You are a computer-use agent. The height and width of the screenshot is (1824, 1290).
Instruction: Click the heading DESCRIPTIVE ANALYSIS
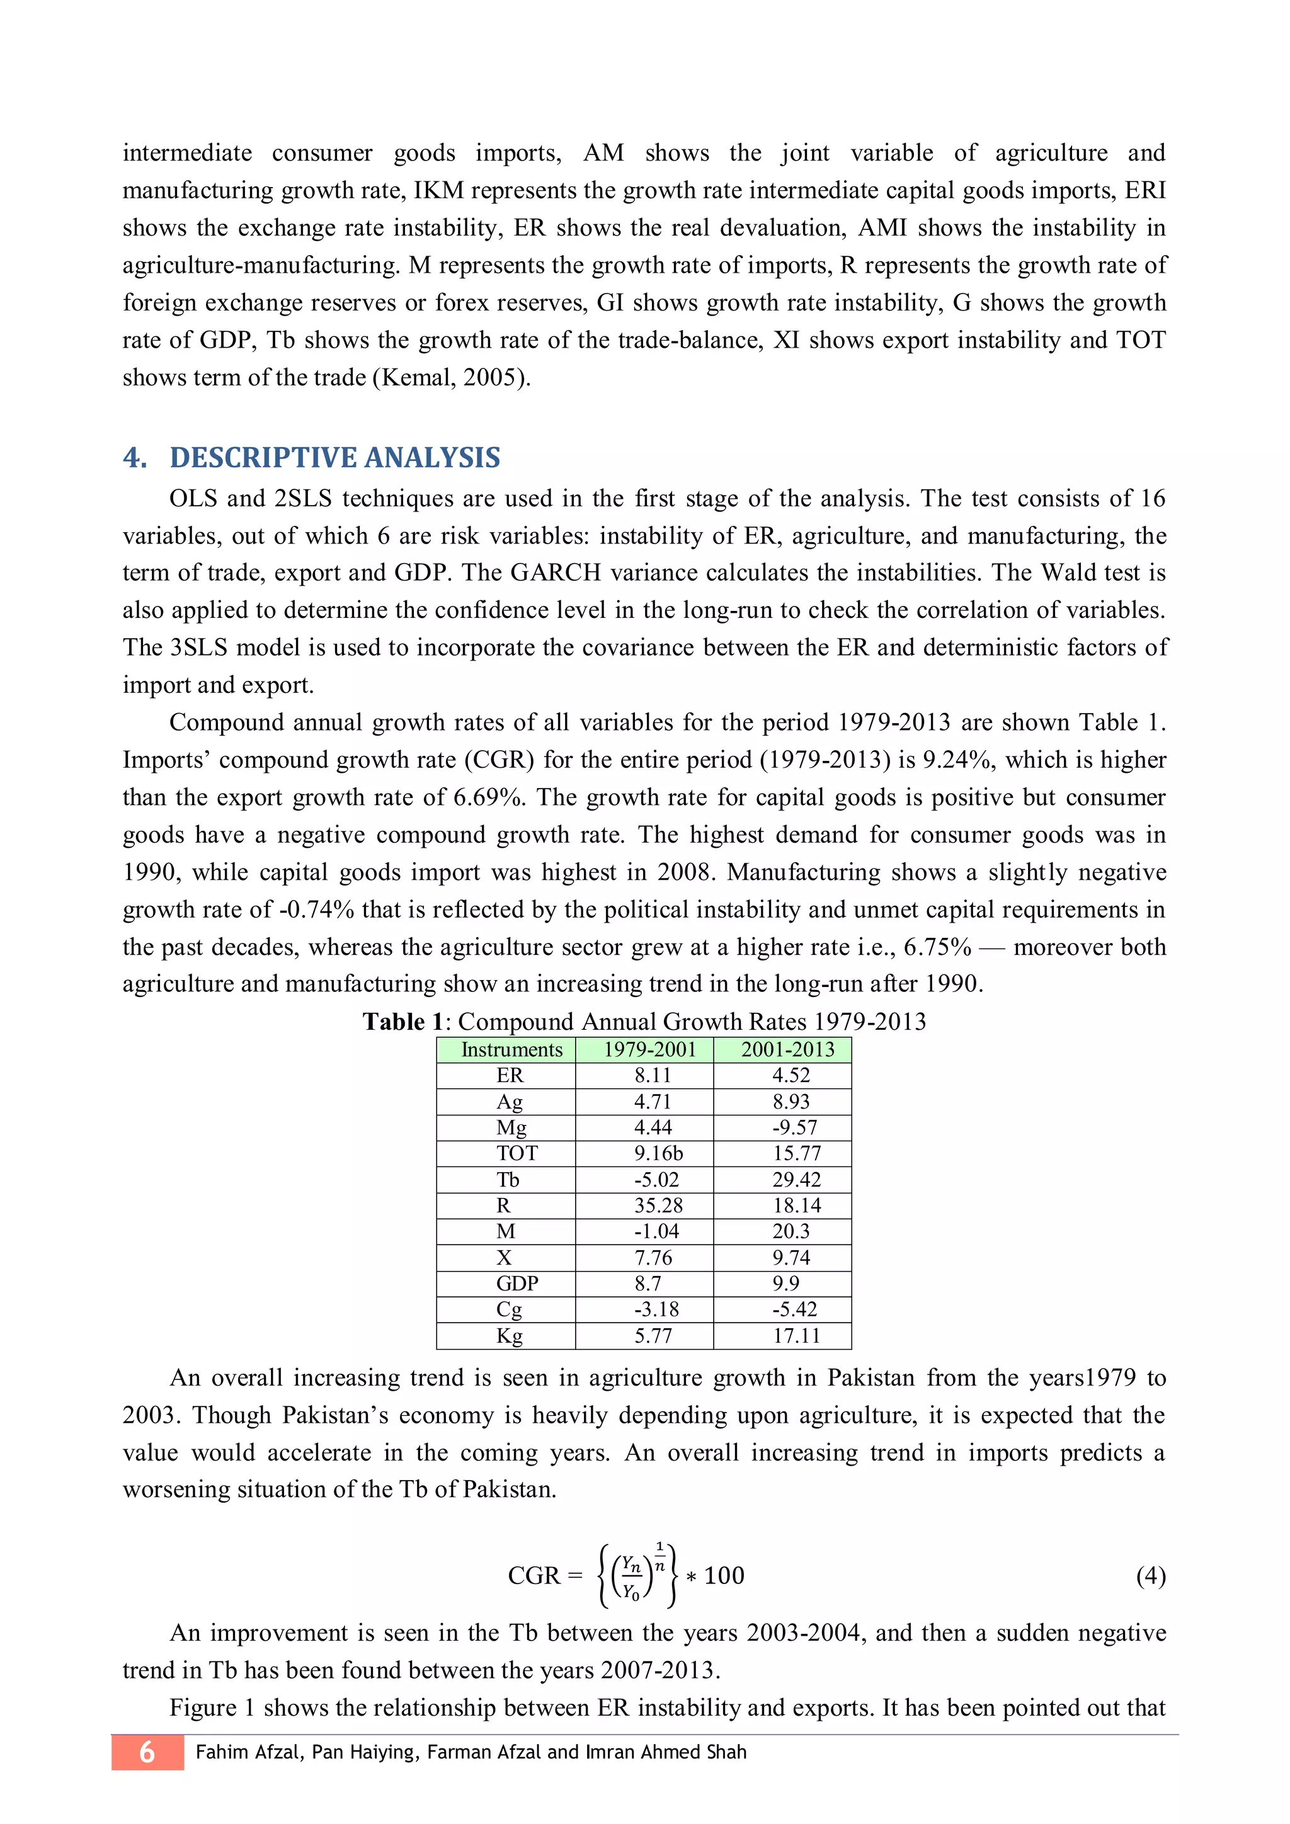pos(334,458)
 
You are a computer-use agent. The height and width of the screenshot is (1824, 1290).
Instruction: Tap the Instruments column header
pos(511,1049)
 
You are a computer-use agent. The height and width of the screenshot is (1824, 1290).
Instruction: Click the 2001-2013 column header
pos(787,1049)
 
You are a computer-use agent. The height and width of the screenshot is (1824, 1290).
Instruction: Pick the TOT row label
pos(517,1153)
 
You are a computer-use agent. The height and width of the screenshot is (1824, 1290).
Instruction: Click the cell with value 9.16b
pos(658,1153)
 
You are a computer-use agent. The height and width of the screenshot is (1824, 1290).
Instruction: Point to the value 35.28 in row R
pos(658,1206)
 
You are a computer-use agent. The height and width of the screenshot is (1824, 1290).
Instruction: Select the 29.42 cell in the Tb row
pos(796,1180)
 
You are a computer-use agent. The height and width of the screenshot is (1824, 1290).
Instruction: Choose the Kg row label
pos(509,1337)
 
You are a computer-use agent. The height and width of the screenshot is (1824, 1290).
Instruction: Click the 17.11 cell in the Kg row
pos(796,1337)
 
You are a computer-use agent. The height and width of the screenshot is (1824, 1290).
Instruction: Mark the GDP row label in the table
pos(517,1284)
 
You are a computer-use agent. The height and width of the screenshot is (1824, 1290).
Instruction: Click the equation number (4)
pos(1150,1575)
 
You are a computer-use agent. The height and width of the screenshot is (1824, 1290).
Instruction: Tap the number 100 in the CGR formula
pos(724,1575)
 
